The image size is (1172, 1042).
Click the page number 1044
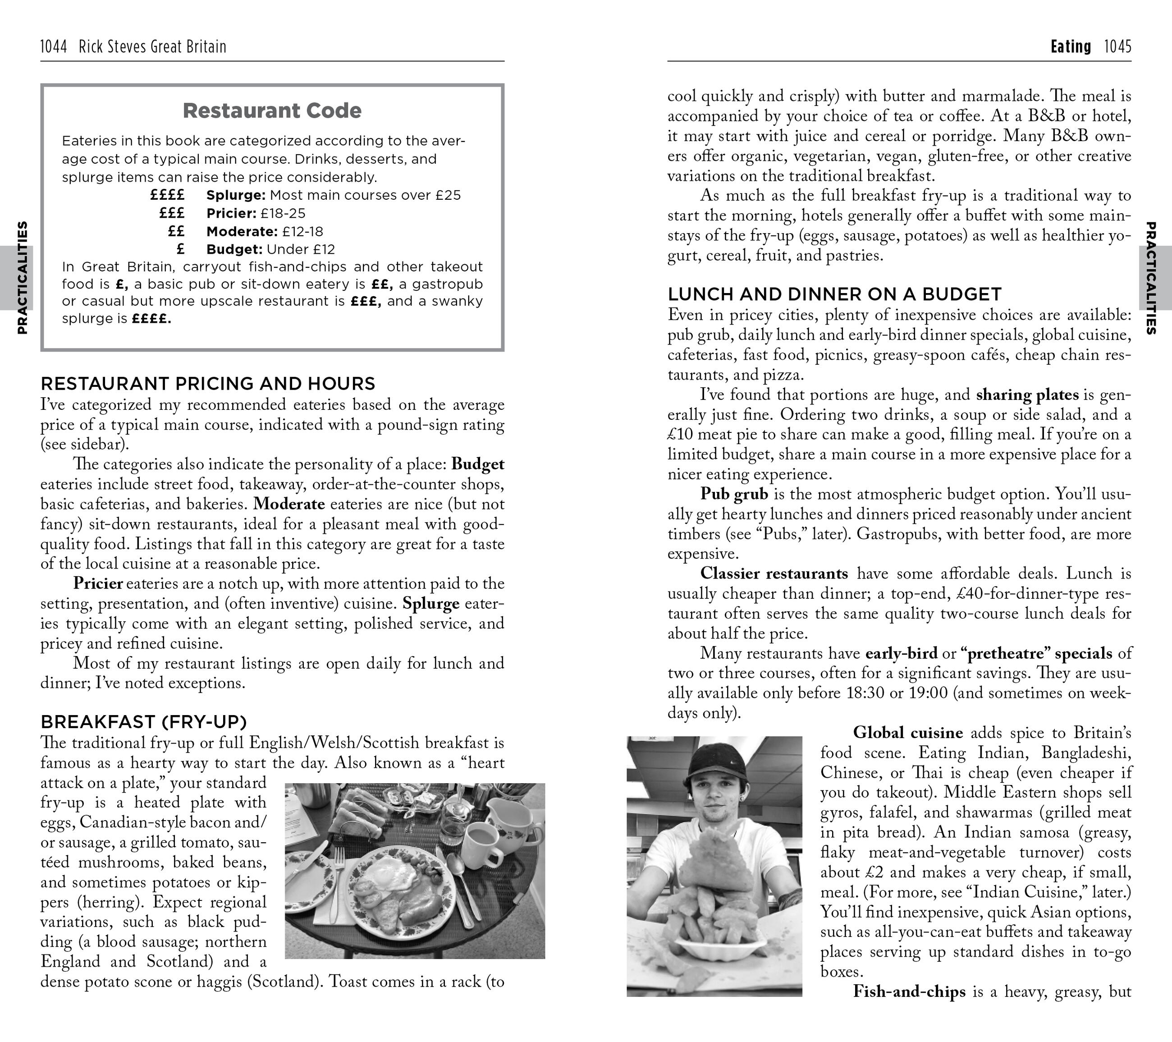[x=53, y=46]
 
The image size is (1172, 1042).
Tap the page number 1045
[x=1117, y=46]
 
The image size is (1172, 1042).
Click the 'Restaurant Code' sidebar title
[x=272, y=110]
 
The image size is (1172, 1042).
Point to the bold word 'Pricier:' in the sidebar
[x=230, y=214]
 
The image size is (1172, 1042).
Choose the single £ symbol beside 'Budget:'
[x=181, y=249]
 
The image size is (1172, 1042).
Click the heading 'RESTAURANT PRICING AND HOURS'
[x=207, y=384]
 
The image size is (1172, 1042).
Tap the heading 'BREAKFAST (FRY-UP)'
[x=143, y=721]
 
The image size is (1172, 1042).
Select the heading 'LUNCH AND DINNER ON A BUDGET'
[x=834, y=294]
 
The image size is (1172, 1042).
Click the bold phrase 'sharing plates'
[x=1027, y=395]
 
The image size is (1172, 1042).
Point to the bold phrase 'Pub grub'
[x=734, y=494]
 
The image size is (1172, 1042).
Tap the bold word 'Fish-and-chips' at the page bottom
[x=909, y=992]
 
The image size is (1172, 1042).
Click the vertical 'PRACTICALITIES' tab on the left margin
[x=22, y=278]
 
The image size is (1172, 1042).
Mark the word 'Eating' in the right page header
[x=1071, y=46]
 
